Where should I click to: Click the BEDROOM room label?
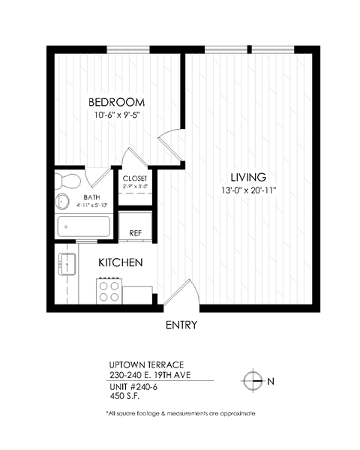coord(116,102)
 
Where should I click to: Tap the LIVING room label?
coord(248,177)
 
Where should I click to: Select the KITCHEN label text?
coord(121,263)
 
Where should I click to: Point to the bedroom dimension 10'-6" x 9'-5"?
coord(116,116)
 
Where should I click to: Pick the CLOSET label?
coord(136,178)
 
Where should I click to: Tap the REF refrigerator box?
coord(136,233)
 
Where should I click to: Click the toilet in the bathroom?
coord(68,180)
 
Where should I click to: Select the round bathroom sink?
coord(63,201)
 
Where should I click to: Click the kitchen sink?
coord(67,264)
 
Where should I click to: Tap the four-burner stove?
coord(109,289)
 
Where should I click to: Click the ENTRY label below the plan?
coord(181,325)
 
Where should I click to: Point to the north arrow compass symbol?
coord(254,381)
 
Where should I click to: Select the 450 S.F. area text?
coord(127,397)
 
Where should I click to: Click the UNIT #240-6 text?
coord(133,386)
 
